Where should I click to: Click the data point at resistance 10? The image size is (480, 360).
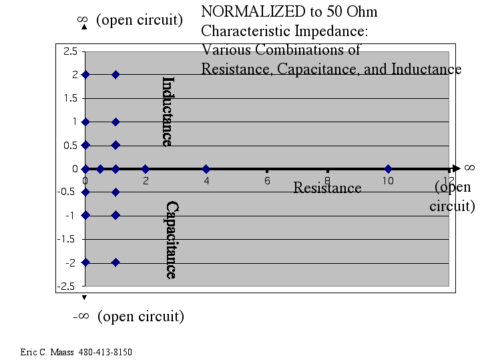pos(388,168)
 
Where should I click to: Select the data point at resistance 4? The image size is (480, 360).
pos(206,168)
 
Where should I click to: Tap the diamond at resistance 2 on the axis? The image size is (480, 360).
pos(146,168)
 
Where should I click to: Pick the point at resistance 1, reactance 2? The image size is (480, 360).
pos(115,75)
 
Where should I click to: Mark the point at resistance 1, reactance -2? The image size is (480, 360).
pos(115,262)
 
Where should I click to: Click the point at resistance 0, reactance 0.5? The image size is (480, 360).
pos(85,145)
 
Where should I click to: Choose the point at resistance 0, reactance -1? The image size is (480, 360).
pos(85,215)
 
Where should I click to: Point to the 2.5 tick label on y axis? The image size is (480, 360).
pos(70,51)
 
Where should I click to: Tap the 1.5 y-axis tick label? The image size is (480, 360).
pos(70,98)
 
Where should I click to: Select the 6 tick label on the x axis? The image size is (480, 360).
pos(267,180)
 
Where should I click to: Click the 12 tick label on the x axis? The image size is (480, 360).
pos(448,180)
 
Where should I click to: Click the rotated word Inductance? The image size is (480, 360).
pos(168,111)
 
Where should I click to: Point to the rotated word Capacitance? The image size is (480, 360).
pos(171,240)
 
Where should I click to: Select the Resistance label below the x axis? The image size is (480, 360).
pos(327,188)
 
